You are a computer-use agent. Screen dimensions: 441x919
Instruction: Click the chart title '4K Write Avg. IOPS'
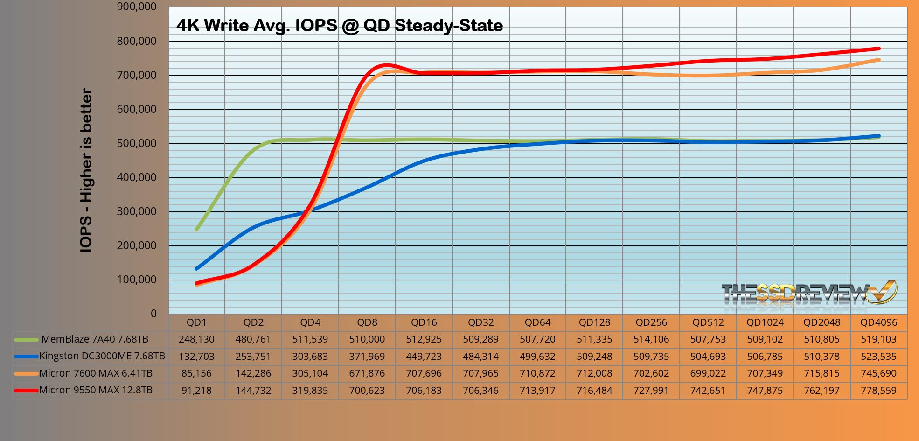coord(339,25)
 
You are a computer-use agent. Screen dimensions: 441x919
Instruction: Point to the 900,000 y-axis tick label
coord(137,7)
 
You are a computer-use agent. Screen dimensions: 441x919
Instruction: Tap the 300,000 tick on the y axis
coord(137,211)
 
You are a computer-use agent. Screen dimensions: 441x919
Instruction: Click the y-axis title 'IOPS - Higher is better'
coord(86,170)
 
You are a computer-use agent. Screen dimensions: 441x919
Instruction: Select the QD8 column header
coord(367,322)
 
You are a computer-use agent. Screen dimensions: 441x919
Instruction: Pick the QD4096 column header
coord(878,322)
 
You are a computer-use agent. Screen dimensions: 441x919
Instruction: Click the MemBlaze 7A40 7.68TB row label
coord(95,339)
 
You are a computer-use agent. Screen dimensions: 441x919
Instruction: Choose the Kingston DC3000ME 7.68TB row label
coord(102,356)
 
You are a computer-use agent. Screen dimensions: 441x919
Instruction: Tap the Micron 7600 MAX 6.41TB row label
coord(96,373)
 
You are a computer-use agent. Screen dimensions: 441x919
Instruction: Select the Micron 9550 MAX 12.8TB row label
coord(96,390)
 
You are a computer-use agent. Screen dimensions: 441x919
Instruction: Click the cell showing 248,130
coord(196,339)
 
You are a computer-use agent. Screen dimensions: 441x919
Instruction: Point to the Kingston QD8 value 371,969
coord(367,357)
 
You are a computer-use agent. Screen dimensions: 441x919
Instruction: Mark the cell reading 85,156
coord(196,373)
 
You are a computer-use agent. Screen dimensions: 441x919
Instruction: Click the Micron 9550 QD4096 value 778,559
coord(878,391)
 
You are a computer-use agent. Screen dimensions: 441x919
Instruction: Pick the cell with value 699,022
coord(708,373)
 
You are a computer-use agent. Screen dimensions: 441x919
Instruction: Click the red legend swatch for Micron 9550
coord(26,391)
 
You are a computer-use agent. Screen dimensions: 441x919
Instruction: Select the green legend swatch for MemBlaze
coord(26,340)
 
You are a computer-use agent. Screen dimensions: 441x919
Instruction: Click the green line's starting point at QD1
coord(196,229)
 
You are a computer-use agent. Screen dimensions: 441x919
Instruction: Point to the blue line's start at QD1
coord(196,268)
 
